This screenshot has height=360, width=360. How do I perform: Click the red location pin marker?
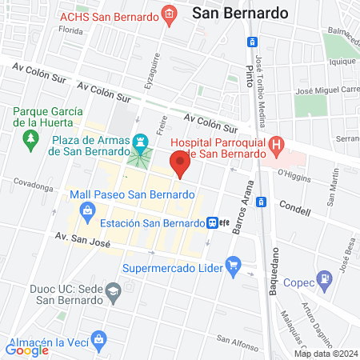[181, 164]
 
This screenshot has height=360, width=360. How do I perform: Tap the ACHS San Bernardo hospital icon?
[168, 14]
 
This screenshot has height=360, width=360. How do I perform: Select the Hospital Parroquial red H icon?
[276, 146]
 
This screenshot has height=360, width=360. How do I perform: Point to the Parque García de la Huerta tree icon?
[30, 141]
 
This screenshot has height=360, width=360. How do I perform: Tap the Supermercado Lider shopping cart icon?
[234, 264]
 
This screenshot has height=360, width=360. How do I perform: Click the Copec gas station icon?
[324, 280]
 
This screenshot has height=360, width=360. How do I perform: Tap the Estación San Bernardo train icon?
[212, 223]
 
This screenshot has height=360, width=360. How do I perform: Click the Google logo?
[26, 350]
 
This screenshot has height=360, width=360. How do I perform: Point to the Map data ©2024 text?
[325, 353]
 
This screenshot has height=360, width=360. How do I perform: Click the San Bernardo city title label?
[228, 13]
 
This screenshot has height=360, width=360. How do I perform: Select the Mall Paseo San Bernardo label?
[133, 194]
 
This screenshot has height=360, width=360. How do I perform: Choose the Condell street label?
[294, 204]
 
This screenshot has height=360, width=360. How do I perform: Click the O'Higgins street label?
[292, 170]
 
